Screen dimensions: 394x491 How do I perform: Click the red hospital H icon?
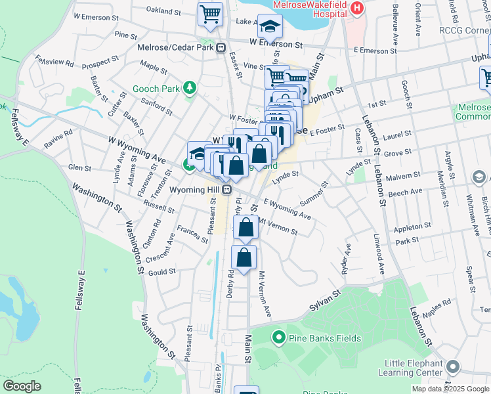pyautogui.click(x=357, y=8)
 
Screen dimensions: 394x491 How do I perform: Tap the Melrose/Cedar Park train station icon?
pyautogui.click(x=221, y=47)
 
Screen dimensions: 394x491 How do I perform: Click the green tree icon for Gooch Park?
pyautogui.click(x=190, y=87)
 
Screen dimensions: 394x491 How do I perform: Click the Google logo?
pyautogui.click(x=22, y=385)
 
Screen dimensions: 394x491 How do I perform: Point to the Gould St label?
pyautogui.click(x=163, y=271)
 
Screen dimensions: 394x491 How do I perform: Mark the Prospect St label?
pyautogui.click(x=100, y=63)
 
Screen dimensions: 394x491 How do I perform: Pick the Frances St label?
pyautogui.click(x=192, y=231)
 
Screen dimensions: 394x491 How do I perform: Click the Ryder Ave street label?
pyautogui.click(x=346, y=259)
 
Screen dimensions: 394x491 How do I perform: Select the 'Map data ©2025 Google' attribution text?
pyautogui.click(x=450, y=389)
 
